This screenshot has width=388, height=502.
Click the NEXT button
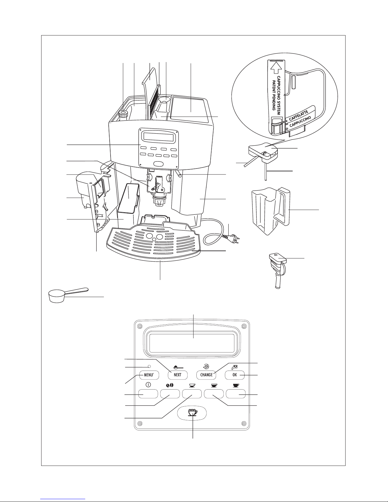178,375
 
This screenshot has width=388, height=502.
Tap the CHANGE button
206,375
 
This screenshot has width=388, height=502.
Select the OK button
235,375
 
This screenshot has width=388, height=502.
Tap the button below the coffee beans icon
170,394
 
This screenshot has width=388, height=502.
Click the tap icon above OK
235,367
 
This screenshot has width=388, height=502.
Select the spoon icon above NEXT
178,368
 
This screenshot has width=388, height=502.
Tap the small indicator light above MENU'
149,367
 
